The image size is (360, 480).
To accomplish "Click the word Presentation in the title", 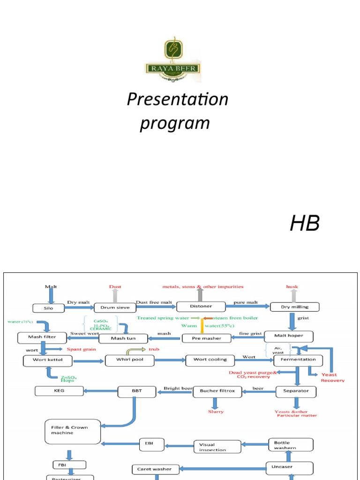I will point(178,99).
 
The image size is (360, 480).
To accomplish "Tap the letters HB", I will point(305,224).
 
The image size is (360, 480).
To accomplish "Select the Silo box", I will point(48,308).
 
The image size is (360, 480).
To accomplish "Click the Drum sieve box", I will point(115,308).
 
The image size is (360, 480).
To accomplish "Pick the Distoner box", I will point(201,307).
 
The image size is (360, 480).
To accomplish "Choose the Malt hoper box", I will point(288,336).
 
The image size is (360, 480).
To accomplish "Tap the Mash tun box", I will point(123,338).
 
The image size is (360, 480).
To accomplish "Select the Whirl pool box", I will point(130,360).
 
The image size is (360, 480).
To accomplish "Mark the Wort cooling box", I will point(210,360).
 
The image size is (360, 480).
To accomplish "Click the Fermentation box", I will point(298,360).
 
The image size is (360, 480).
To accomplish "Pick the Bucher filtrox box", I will point(217,390).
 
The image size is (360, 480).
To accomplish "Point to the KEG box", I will point(52,390).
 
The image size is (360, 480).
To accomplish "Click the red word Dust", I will point(115,286).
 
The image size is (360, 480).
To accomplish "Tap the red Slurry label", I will point(216,412).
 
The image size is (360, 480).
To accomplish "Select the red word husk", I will point(292,286).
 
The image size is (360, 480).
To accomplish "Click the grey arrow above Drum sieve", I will point(115,296).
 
